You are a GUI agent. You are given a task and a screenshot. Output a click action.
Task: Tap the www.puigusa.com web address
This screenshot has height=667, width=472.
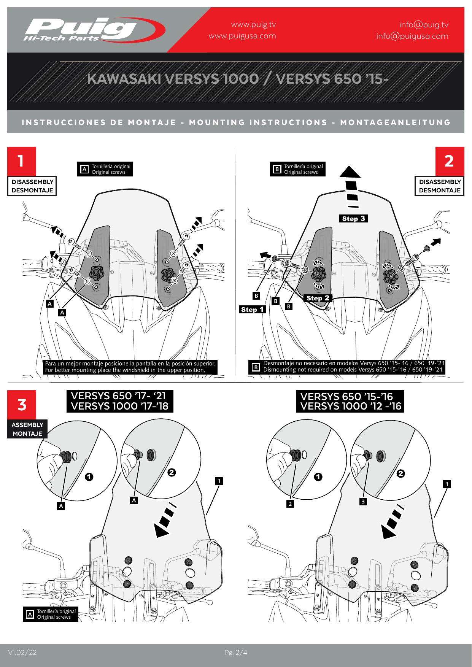(x=242, y=36)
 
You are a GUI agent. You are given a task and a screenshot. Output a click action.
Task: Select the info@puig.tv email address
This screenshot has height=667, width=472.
(x=423, y=25)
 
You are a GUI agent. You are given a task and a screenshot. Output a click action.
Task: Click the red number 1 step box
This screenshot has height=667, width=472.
(x=22, y=161)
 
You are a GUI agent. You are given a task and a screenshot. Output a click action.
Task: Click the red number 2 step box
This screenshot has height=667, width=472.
(x=449, y=161)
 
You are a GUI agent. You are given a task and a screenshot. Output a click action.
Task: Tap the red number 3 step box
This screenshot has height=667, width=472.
(x=22, y=404)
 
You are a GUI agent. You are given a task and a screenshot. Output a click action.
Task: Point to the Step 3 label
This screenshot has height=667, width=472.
(x=353, y=218)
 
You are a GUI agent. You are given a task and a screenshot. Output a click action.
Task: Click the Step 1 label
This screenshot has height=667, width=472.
(x=252, y=310)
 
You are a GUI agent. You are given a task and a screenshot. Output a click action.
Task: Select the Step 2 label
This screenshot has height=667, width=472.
(x=318, y=298)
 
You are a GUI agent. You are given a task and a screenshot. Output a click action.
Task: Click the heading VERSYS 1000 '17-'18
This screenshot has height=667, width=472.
(x=119, y=406)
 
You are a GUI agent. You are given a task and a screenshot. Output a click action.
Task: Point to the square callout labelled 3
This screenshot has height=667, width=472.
(x=363, y=502)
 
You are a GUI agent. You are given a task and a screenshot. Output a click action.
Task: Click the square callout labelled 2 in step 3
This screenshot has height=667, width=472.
(x=290, y=504)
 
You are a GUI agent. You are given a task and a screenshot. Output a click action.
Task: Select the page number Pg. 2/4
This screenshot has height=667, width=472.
(x=236, y=653)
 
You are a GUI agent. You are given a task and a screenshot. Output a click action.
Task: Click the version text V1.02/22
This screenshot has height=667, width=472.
(x=22, y=653)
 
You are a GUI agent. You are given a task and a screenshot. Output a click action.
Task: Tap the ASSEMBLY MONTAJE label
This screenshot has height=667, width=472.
(x=27, y=429)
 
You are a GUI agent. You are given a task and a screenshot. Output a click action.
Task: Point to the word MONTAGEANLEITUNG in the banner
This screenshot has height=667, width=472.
(x=395, y=122)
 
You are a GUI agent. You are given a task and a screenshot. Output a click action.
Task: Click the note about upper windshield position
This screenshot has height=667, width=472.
(x=130, y=367)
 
